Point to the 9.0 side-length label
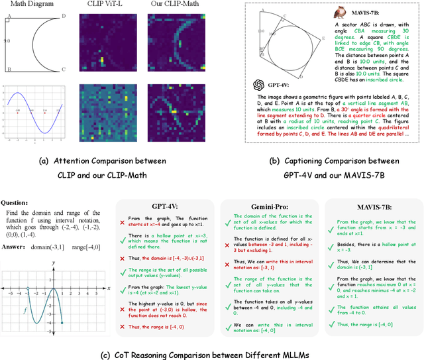point(5,40)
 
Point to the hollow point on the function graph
point(27,290)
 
